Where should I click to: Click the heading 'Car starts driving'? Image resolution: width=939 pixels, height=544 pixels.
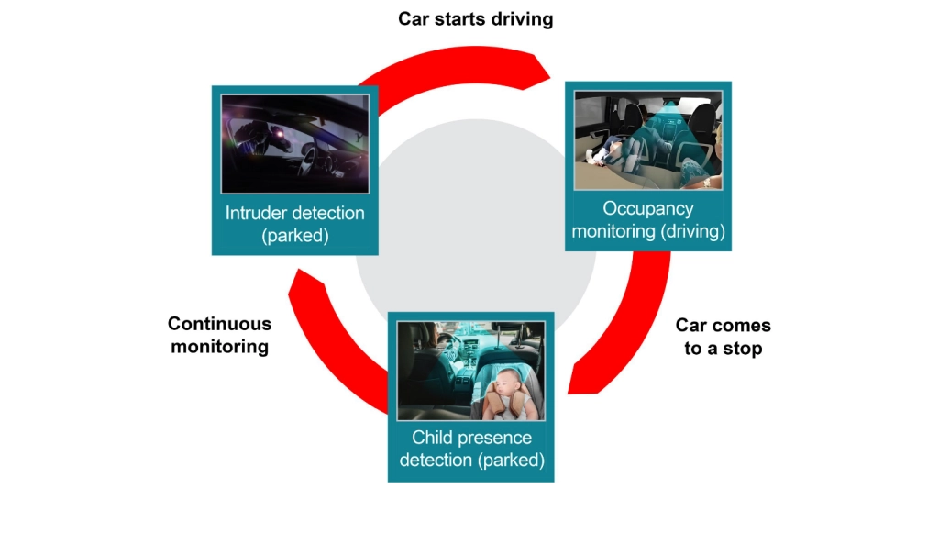pyautogui.click(x=475, y=19)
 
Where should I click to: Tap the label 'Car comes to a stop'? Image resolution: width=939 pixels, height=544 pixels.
pyautogui.click(x=723, y=337)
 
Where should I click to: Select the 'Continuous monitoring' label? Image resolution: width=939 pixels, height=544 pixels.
pyautogui.click(x=219, y=335)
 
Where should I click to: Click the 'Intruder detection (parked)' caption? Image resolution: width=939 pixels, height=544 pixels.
pyautogui.click(x=295, y=224)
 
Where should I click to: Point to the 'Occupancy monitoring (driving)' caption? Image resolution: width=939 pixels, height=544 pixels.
pyautogui.click(x=648, y=220)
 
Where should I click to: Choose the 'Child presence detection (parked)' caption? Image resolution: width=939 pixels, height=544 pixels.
pyautogui.click(x=471, y=449)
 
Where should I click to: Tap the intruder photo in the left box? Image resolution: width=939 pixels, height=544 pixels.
pyautogui.click(x=295, y=143)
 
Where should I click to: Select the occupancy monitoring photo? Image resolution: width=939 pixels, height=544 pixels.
pyautogui.click(x=648, y=139)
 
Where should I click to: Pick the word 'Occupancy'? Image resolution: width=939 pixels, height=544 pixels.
pyautogui.click(x=648, y=209)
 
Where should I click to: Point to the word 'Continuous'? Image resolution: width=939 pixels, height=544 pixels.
pyautogui.click(x=219, y=324)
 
